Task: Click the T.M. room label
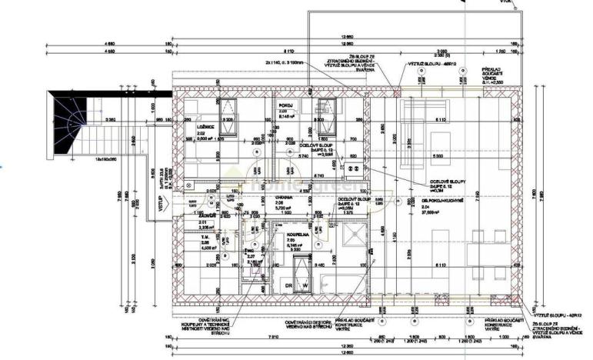click(194, 238)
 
